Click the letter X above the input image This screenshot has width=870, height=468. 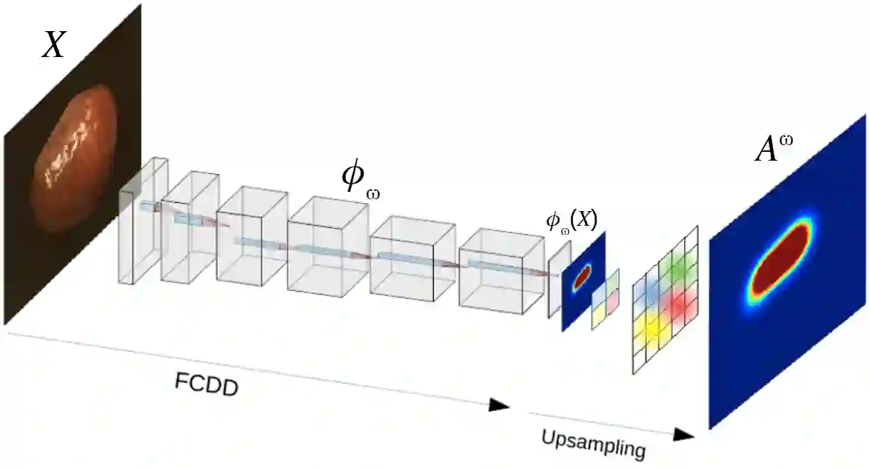[53, 46]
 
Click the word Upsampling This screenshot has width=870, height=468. [593, 442]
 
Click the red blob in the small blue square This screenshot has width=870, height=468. [582, 276]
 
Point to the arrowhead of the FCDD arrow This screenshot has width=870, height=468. [501, 405]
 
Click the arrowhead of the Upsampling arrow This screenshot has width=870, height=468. [685, 434]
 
